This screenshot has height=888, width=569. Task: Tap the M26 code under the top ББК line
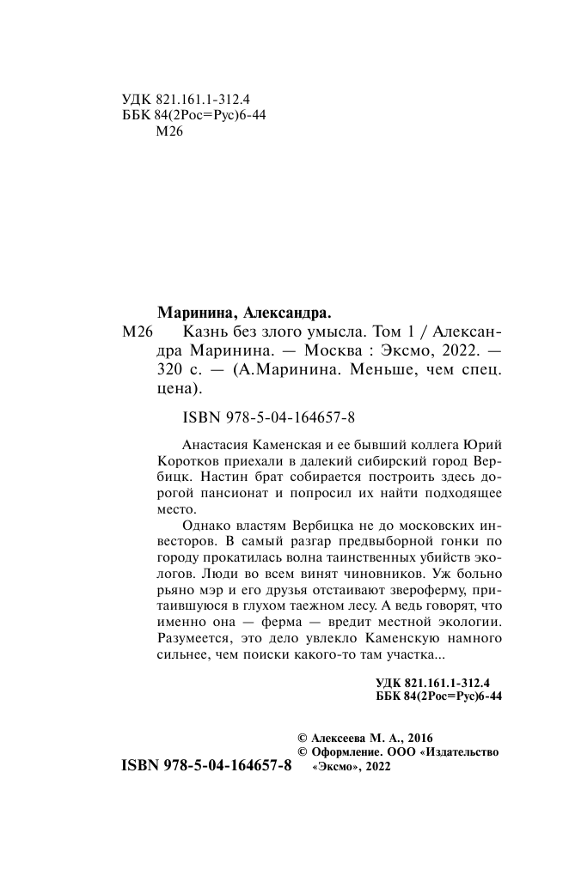[x=166, y=132]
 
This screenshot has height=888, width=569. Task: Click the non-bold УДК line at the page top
[x=181, y=100]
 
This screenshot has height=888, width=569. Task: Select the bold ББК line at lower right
[x=439, y=696]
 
